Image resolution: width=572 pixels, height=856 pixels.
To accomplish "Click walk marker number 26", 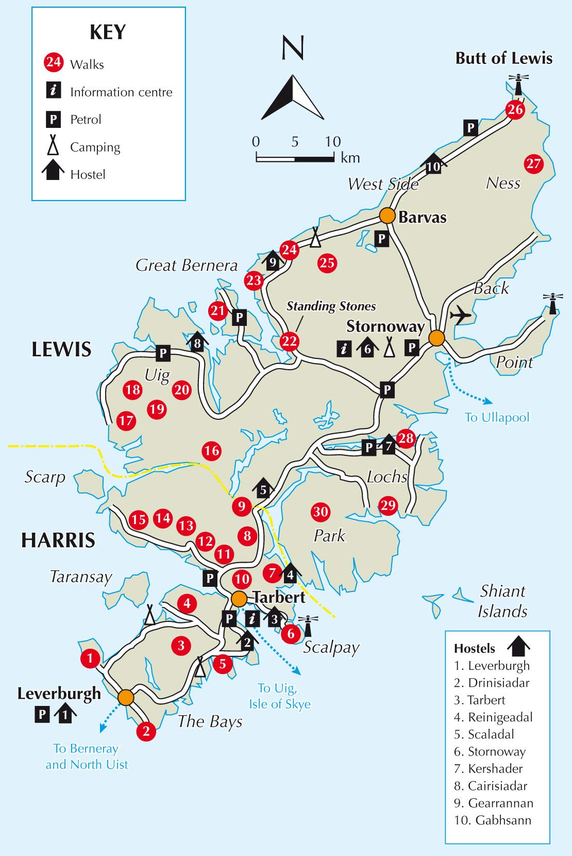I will coord(515,109).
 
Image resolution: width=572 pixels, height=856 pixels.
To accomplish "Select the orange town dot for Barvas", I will coord(388,216).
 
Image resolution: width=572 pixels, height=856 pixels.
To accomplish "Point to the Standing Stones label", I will coord(331,306).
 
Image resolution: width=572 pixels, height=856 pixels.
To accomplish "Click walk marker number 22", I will coord(290,341).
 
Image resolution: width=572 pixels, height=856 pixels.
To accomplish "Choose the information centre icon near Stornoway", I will coord(344,349).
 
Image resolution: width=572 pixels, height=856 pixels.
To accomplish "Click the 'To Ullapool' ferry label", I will coord(497,417).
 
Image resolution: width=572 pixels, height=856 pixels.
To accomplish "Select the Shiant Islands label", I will coord(502,601).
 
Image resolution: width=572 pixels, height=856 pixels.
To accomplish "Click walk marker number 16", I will coord(211,451).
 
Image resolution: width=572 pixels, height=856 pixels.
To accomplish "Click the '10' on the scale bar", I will coord(333,142).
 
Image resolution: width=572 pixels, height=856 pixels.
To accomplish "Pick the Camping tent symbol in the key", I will coord(53,146).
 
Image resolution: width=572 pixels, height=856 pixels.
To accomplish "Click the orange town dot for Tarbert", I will coord(239,599).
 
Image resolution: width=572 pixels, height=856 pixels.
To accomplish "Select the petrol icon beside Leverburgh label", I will coord(42,714).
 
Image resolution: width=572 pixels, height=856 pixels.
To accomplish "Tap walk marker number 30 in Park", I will coord(321,512).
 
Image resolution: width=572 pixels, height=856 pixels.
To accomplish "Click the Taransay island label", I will coord(81,577).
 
